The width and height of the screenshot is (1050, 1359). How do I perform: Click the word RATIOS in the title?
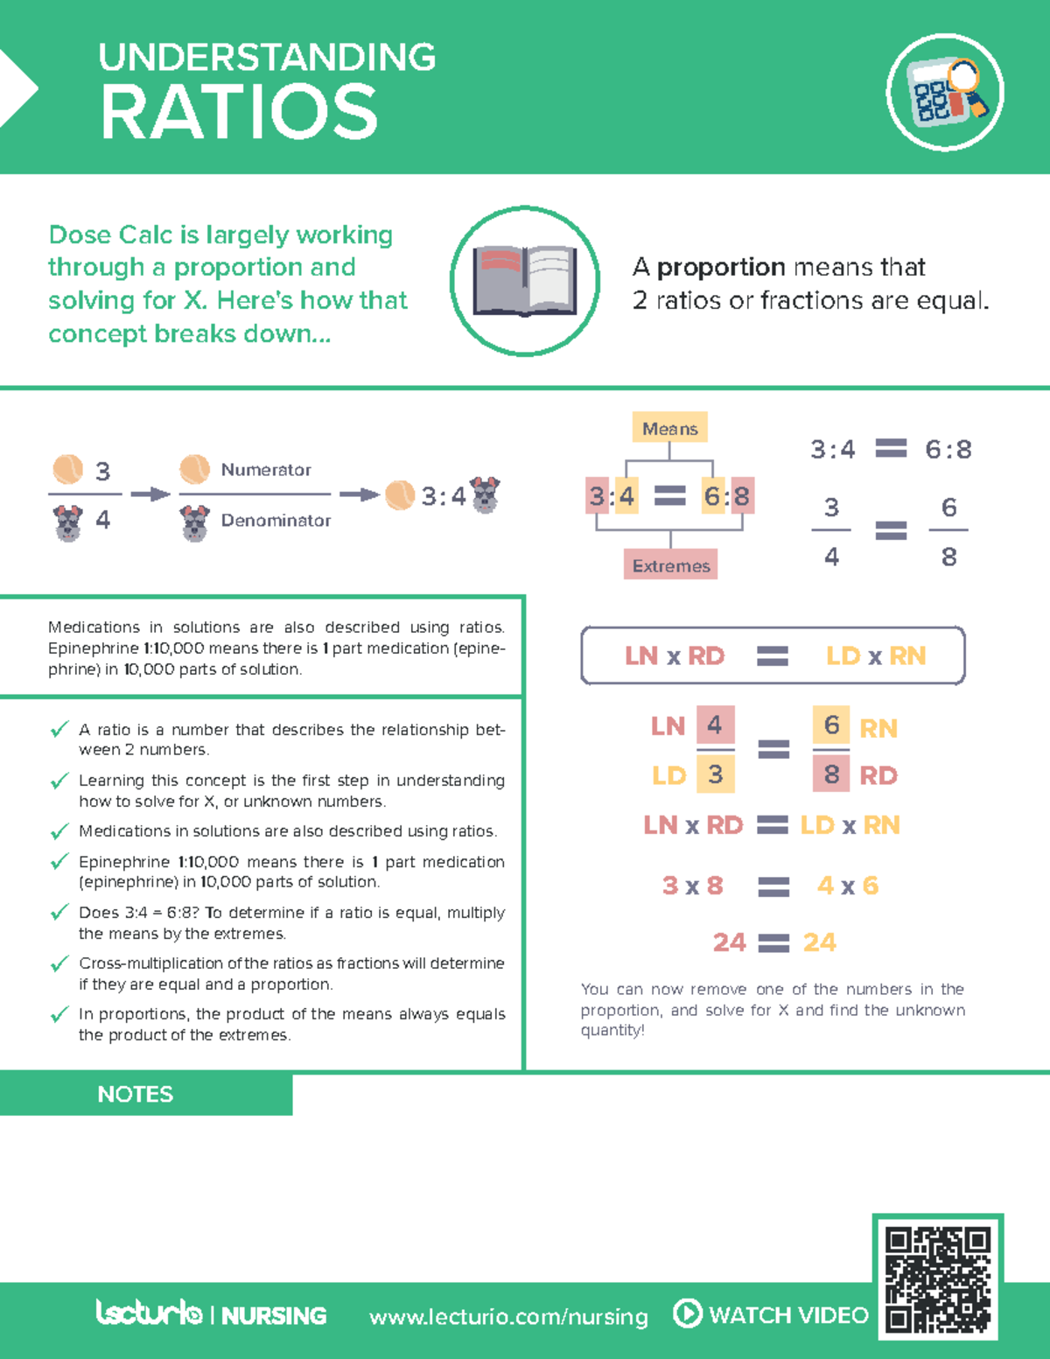pyautogui.click(x=239, y=113)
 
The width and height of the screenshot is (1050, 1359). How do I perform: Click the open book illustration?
pyautogui.click(x=525, y=281)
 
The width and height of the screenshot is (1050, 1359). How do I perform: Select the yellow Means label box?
pyautogui.click(x=669, y=427)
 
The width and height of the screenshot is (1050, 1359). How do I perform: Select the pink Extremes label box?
pyautogui.click(x=670, y=564)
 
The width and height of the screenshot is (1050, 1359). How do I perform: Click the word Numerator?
pyautogui.click(x=266, y=470)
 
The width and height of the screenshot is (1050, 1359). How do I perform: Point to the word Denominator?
pyautogui.click(x=276, y=521)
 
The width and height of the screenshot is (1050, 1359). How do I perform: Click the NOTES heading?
pyautogui.click(x=135, y=1094)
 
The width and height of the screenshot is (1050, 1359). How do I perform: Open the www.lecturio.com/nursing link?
pyautogui.click(x=508, y=1316)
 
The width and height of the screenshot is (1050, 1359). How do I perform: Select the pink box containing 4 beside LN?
pyautogui.click(x=716, y=725)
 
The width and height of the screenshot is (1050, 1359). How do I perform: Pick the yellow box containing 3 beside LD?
pyautogui.click(x=716, y=774)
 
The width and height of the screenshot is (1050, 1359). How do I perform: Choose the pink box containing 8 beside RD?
pyautogui.click(x=831, y=774)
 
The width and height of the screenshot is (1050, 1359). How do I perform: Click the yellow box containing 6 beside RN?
pyautogui.click(x=831, y=725)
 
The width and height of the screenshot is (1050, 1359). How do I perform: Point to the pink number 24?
pyautogui.click(x=729, y=942)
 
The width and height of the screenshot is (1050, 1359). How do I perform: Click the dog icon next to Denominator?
pyautogui.click(x=194, y=523)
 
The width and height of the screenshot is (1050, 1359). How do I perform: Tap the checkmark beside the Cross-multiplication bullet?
pyautogui.click(x=59, y=963)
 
